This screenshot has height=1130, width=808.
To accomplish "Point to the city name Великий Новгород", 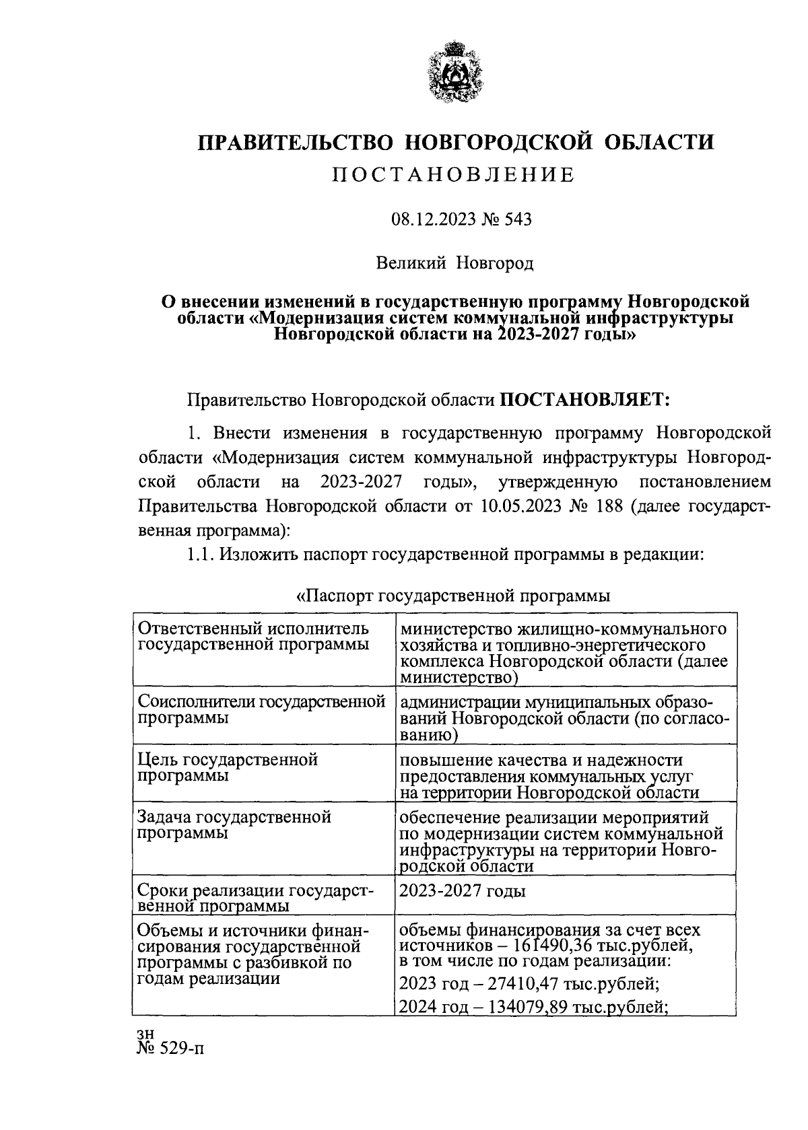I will (455, 263).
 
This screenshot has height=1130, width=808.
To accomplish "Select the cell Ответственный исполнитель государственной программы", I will (253, 637).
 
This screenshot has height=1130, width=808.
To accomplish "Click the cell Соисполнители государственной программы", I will (261, 709).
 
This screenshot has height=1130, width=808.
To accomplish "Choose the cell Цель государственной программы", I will (228, 767).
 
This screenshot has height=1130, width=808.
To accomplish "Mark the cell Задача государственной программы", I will (234, 824).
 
